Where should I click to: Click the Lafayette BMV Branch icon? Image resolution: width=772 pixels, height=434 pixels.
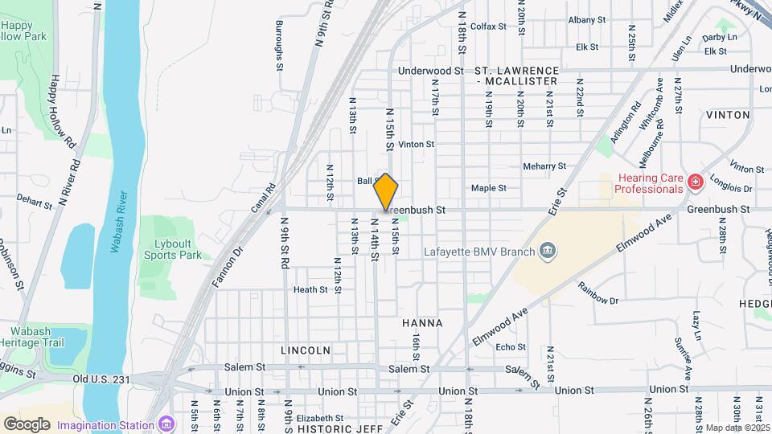tap(547, 252)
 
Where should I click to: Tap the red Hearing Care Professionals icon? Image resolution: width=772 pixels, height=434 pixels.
tap(693, 183)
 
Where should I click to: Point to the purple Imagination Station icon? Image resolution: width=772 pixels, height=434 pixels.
tap(166, 424)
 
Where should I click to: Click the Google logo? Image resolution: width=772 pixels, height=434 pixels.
tap(27, 424)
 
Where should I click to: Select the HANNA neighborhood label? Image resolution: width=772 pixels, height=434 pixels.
tap(422, 323)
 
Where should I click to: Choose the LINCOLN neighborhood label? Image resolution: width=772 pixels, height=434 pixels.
tap(306, 350)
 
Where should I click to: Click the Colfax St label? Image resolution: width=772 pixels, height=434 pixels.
tap(488, 27)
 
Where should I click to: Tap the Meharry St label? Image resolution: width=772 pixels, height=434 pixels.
tap(544, 166)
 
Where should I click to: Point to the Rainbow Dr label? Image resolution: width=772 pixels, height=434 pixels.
tap(597, 301)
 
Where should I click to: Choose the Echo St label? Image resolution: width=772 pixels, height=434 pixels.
tap(511, 347)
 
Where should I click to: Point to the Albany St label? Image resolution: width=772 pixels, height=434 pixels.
tap(586, 20)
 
